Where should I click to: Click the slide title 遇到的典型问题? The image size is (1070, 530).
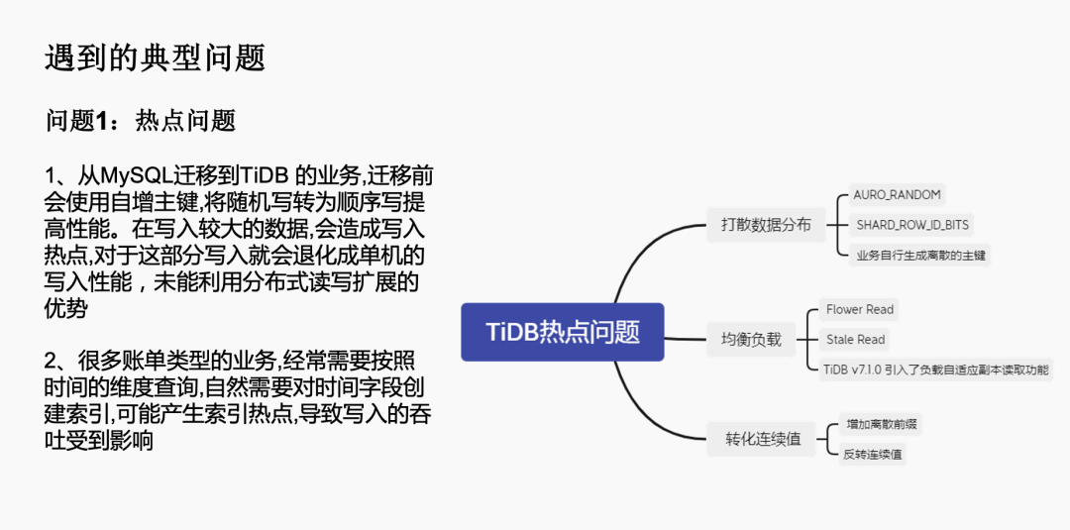pos(156,57)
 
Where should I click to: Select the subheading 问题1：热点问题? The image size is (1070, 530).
pos(141,121)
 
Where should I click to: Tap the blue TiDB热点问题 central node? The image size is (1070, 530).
pos(563,332)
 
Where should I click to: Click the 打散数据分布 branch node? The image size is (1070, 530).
pos(766,225)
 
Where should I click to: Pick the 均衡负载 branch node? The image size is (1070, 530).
pos(751,340)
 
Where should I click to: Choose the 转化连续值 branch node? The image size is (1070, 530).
pos(763,439)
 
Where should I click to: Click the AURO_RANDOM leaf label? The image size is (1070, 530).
pos(898,195)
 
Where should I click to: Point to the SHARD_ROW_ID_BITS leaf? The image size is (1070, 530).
pos(912,225)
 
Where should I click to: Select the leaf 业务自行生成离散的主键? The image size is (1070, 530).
pos(921,255)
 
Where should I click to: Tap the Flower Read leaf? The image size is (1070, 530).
pos(860,310)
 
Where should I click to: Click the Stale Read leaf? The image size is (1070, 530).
pos(856,340)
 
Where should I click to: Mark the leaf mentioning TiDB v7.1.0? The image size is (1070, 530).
pos(936,370)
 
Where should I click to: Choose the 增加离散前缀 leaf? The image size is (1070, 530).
pos(881,425)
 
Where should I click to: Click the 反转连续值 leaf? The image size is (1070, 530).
pos(873,455)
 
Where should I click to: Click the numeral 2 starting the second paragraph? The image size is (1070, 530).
pos(53,360)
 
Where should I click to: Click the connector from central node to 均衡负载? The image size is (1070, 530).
pos(685,337)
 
